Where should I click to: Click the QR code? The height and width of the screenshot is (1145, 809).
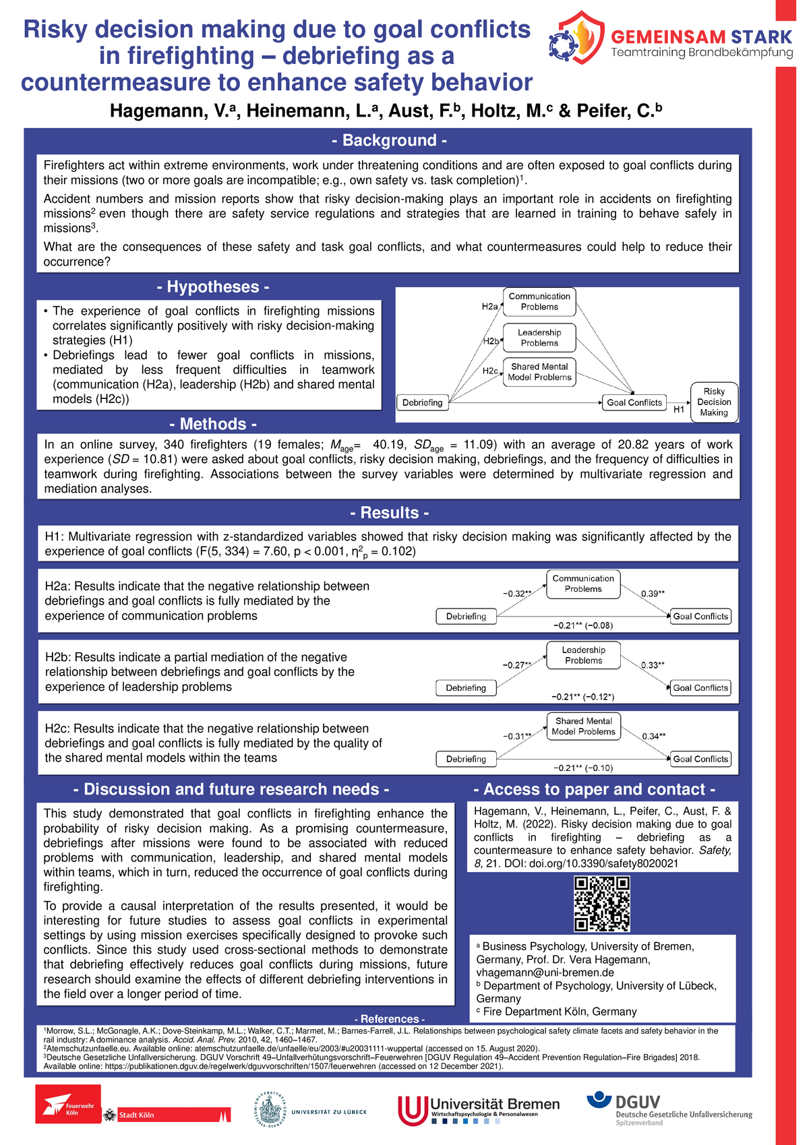point(601,904)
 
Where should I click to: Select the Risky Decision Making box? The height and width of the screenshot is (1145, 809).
point(714,402)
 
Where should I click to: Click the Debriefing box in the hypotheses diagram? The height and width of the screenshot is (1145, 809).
point(423,403)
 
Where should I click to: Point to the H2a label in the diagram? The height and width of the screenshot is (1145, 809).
point(489,307)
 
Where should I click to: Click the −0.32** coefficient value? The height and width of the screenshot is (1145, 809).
point(517,594)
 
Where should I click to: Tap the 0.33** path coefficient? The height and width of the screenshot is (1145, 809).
point(652,665)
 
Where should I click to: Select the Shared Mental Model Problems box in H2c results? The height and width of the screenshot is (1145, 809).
point(583,726)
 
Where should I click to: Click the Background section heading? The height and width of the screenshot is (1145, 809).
point(389,140)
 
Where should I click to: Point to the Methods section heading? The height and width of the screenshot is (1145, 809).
point(213,424)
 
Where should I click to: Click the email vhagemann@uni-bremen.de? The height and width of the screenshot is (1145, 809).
point(545,972)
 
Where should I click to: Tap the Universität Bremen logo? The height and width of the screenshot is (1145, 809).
point(479,1109)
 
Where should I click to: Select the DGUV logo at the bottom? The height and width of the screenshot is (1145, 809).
point(669,1108)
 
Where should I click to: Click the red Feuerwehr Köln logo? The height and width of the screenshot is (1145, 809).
point(68,1104)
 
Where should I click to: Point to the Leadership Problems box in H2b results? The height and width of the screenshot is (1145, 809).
point(583,655)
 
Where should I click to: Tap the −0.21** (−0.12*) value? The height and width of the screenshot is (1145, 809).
point(582,697)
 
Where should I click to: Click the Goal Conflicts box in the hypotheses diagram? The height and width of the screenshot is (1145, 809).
point(634,403)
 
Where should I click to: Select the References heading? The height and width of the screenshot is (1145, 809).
point(389,1019)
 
